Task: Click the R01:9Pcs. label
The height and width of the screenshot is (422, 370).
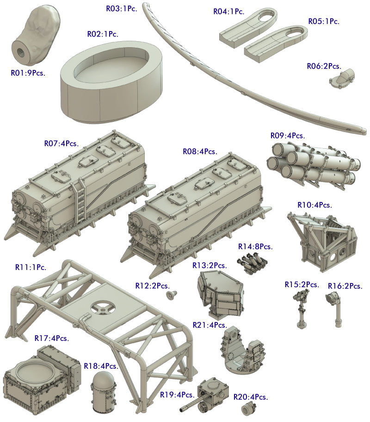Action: click(28, 73)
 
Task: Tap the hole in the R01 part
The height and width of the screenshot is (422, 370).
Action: click(21, 52)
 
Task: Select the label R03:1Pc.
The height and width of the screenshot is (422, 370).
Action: click(122, 9)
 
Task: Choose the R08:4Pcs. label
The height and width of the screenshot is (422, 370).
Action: click(200, 152)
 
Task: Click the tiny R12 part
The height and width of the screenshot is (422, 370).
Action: click(172, 295)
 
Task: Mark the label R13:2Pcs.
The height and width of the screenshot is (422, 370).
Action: click(210, 265)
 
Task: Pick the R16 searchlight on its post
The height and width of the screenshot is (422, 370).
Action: click(335, 310)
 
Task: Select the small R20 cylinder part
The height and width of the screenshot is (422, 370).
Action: click(248, 409)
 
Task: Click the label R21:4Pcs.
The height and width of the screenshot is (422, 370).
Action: click(210, 325)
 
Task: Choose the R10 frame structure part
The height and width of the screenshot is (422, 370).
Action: click(322, 242)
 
